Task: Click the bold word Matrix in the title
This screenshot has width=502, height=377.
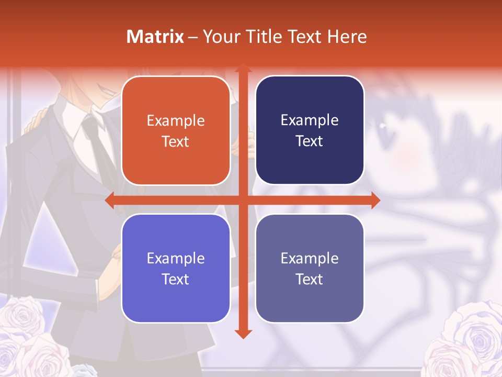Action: pyautogui.click(x=155, y=37)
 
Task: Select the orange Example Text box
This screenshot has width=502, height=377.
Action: pyautogui.click(x=176, y=131)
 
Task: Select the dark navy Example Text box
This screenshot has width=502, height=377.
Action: pyautogui.click(x=310, y=130)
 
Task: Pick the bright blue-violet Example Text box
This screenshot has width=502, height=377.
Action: pyautogui.click(x=176, y=268)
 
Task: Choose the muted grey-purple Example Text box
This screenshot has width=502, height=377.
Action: pyautogui.click(x=310, y=268)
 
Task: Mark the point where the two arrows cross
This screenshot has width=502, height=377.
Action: pyautogui.click(x=243, y=200)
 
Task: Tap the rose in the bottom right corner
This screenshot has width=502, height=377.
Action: pyautogui.click(x=465, y=340)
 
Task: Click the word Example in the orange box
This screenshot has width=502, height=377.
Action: pyautogui.click(x=176, y=121)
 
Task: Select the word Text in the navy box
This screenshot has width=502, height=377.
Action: pyautogui.click(x=310, y=141)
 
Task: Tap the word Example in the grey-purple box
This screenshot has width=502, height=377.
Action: pyautogui.click(x=310, y=258)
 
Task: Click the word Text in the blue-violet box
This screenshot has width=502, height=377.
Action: pyautogui.click(x=176, y=279)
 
